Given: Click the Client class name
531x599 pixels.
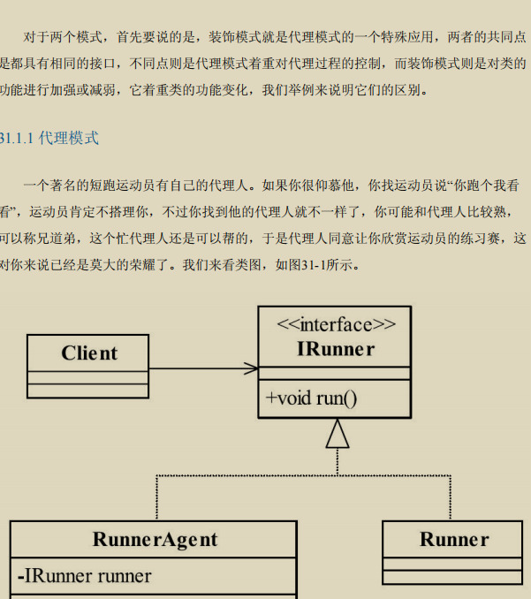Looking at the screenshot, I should (88, 353).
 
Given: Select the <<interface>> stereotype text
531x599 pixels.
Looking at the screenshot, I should (336, 323).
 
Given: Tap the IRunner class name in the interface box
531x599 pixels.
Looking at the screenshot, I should (336, 349).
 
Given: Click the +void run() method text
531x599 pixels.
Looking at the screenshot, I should (311, 398).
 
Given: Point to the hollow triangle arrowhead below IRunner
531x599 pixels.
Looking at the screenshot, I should (337, 433).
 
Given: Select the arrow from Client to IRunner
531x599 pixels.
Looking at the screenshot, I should (203, 368).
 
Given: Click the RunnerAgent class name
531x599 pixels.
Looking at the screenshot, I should (154, 539).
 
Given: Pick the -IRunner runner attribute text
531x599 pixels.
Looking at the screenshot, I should (85, 576).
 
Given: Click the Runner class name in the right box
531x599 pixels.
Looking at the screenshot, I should (453, 539).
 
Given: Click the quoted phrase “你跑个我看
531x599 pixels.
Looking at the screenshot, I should (484, 186).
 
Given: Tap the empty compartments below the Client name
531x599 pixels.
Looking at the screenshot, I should (88, 383).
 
